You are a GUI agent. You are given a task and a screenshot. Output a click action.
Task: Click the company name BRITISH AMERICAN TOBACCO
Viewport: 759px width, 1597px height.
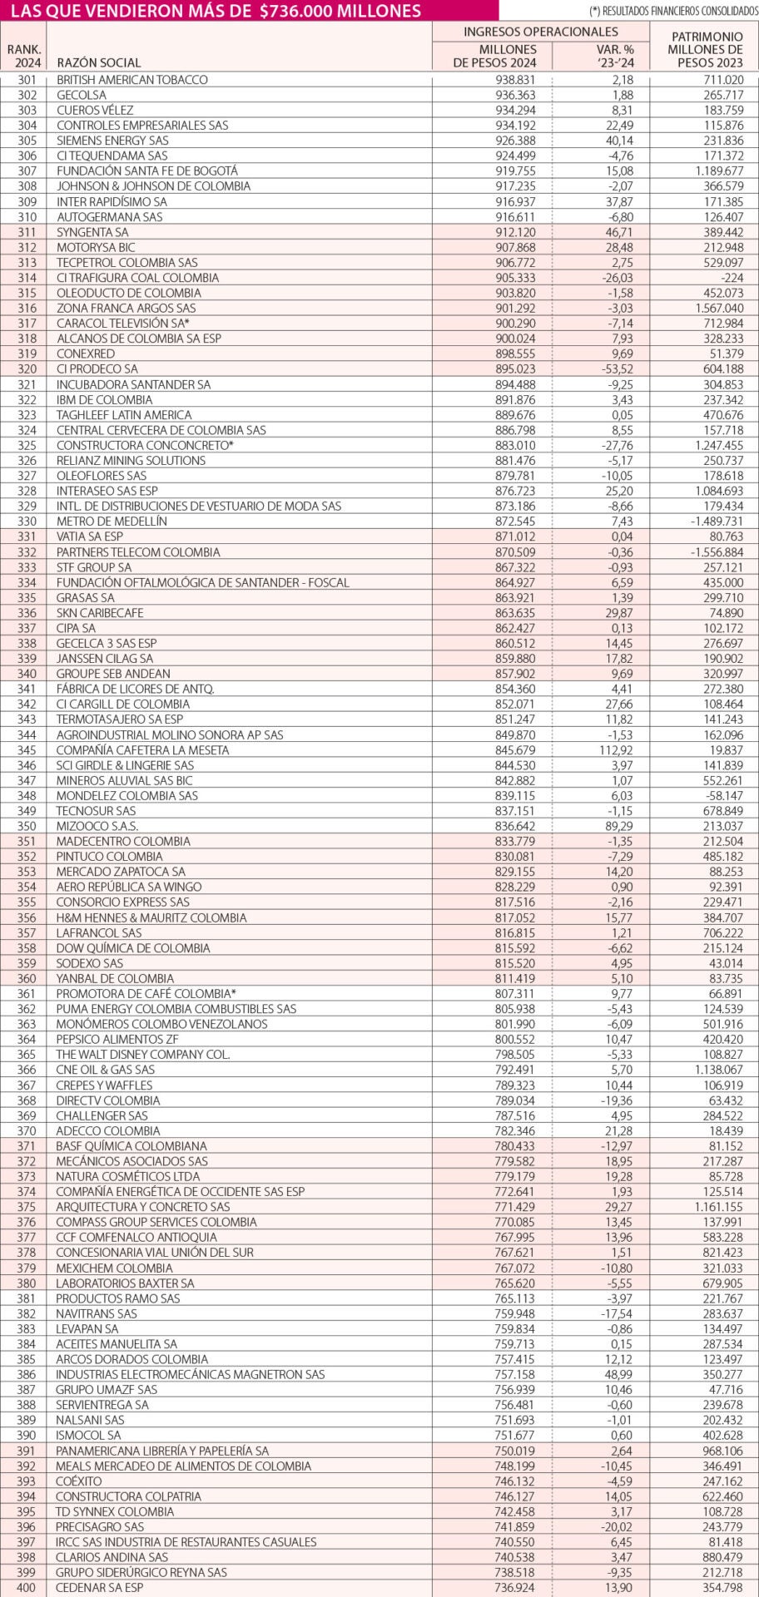coord(131,80)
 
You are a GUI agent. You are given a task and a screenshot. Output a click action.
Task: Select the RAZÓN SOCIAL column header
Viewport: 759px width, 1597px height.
coord(98,62)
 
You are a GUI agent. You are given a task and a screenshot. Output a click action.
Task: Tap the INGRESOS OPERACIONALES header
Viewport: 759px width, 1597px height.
coord(540,32)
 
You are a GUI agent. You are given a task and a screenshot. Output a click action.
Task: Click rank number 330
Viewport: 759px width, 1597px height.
coord(27,522)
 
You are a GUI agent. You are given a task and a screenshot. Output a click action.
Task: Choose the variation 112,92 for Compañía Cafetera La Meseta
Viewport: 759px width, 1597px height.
coord(611,749)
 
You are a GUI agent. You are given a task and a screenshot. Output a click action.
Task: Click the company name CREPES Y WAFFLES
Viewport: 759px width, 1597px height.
coord(104,1085)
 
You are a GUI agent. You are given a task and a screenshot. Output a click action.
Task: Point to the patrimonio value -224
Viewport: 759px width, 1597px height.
coord(729,278)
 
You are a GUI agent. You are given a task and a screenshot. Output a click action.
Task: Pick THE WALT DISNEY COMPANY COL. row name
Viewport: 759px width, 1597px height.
coord(142,1055)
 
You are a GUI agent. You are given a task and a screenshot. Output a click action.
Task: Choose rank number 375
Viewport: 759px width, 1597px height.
coord(27,1207)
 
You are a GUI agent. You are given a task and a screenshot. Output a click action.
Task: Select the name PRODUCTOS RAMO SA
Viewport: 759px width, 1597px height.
coord(117,1298)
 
